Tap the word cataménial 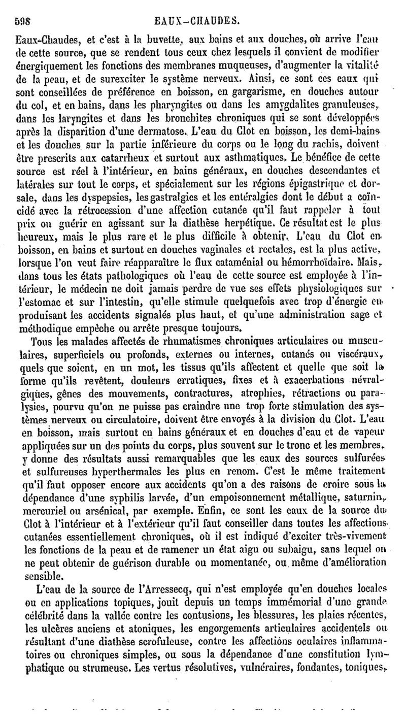tap(242, 264)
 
